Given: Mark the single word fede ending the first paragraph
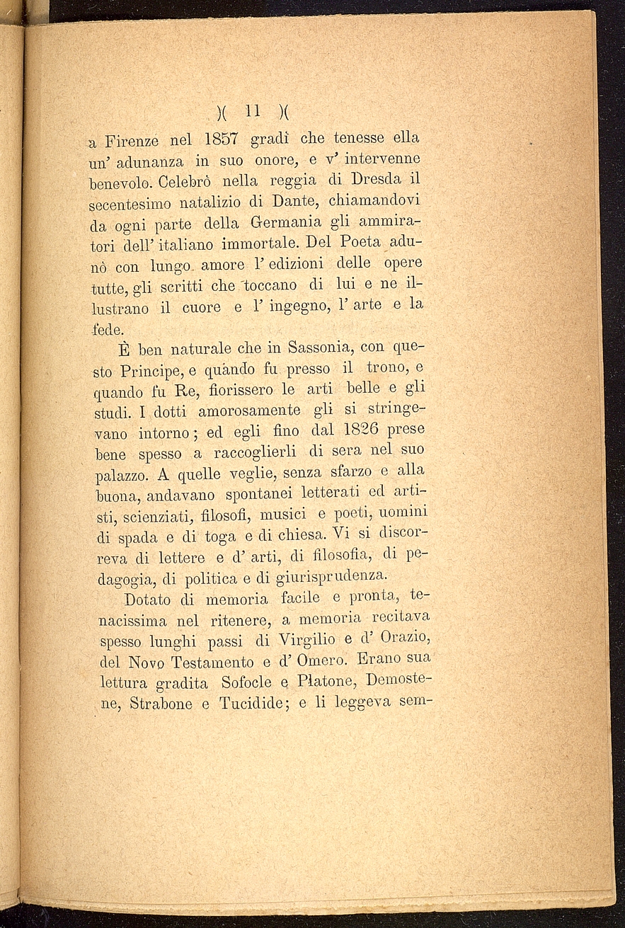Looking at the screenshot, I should pyautogui.click(x=108, y=329).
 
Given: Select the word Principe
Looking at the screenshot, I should pyautogui.click(x=154, y=372).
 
